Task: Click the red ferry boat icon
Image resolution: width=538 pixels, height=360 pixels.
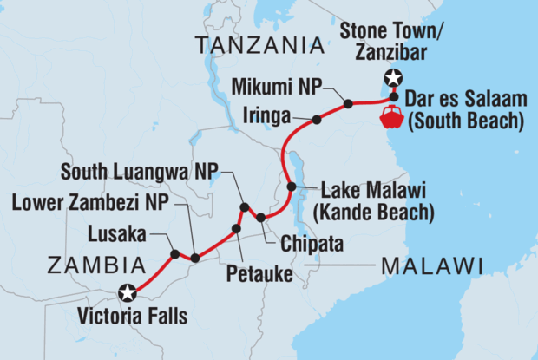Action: tap(391, 117)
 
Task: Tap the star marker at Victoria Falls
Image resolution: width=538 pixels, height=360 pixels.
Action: tap(128, 292)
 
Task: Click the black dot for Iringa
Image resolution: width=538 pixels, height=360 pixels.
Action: tap(316, 121)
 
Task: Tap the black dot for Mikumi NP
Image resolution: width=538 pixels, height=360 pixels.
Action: tap(348, 104)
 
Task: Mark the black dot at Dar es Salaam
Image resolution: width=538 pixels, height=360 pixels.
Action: tap(394, 96)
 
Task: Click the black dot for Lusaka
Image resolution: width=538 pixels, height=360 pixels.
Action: tap(175, 254)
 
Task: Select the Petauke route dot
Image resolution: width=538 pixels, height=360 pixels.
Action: tap(235, 228)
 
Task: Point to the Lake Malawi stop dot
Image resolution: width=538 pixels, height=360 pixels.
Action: tap(292, 187)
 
